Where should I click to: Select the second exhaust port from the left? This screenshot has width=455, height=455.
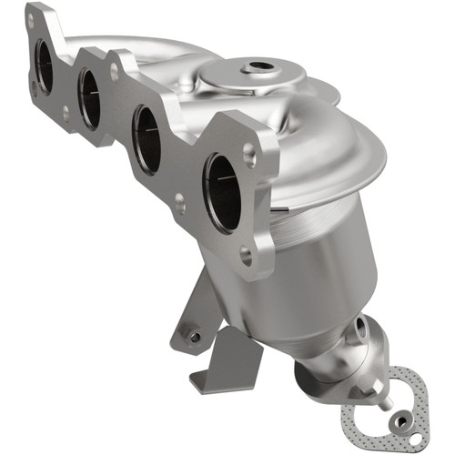pos(89,98)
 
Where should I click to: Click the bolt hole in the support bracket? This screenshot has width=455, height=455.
pos(194,337)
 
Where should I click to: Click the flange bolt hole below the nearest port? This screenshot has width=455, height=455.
pos(245,258)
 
